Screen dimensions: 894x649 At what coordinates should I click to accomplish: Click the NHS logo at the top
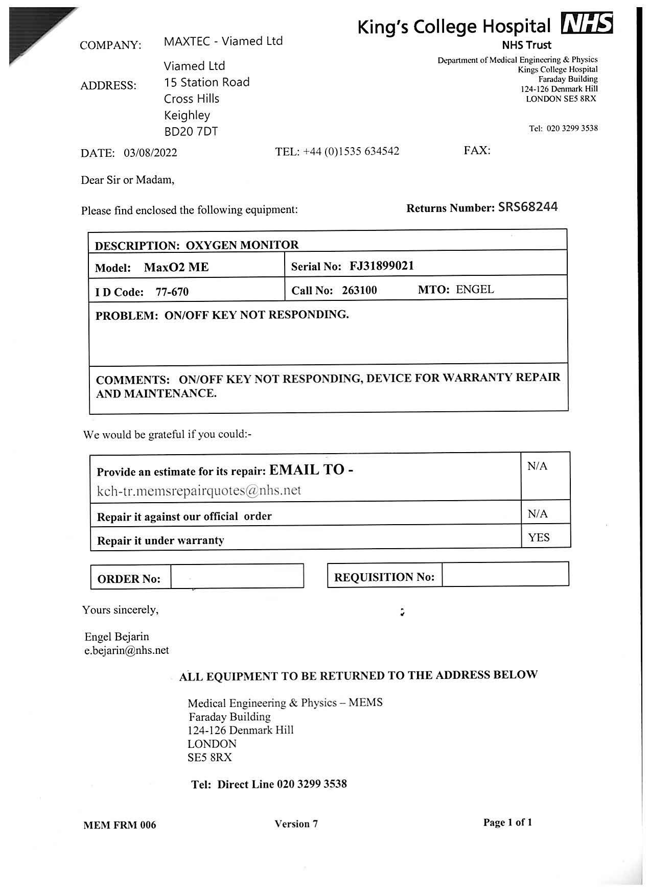[587, 24]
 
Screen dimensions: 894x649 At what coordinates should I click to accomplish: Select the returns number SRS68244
[528, 207]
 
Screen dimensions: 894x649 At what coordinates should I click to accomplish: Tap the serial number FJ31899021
[382, 266]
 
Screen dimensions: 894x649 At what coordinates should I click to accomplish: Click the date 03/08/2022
[150, 153]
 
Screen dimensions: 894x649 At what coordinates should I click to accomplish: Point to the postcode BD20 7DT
[191, 132]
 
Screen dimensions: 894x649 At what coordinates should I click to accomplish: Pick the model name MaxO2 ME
[176, 267]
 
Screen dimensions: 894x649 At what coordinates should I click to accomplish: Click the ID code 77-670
[172, 292]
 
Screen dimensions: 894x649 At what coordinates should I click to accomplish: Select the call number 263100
[359, 290]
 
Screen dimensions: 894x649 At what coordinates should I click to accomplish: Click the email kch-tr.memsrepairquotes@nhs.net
[199, 490]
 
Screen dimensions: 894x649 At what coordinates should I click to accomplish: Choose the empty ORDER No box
[237, 576]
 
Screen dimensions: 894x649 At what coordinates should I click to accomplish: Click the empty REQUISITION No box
[505, 574]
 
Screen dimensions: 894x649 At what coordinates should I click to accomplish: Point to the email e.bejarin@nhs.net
[126, 650]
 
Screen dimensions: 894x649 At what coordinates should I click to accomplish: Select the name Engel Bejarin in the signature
[117, 637]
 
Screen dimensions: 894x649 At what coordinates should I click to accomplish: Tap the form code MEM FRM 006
[120, 825]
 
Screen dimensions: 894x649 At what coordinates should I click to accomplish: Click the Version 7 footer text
[296, 824]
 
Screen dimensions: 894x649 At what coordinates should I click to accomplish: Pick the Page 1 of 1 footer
[507, 822]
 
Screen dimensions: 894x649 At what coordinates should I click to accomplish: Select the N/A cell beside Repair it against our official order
[537, 513]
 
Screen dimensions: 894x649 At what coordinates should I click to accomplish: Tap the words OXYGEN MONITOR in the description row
[242, 245]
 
